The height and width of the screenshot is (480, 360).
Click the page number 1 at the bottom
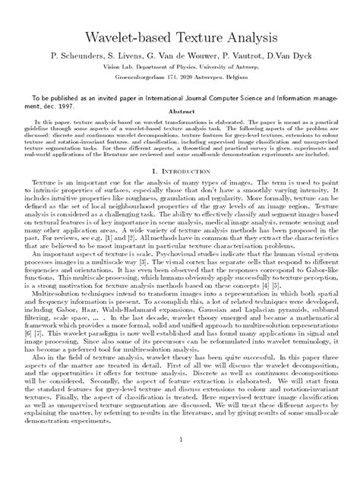[x=180, y=460]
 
